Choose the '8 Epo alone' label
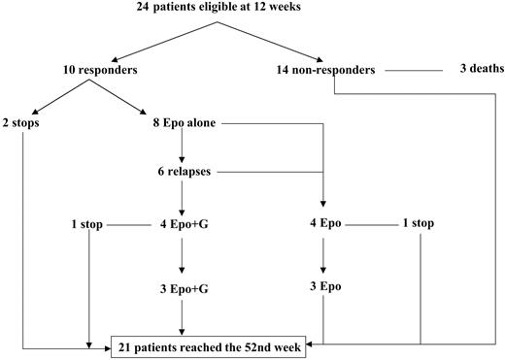click(x=184, y=123)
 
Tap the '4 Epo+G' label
click(x=184, y=223)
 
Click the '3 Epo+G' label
click(x=184, y=287)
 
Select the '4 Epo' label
click(x=324, y=223)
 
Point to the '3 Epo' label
click(x=324, y=287)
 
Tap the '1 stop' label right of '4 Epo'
click(x=418, y=223)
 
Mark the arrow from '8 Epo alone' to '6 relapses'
click(x=184, y=147)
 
